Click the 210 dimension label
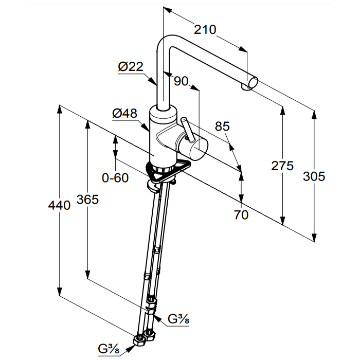point(205,30)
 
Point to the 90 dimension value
point(181,81)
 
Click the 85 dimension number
point(222,126)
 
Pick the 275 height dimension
point(282,166)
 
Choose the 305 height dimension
point(314,176)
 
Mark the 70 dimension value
point(241,215)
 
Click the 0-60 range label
point(115,178)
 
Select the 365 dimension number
point(87,199)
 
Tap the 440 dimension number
point(59,206)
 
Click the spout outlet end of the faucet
point(252,83)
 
